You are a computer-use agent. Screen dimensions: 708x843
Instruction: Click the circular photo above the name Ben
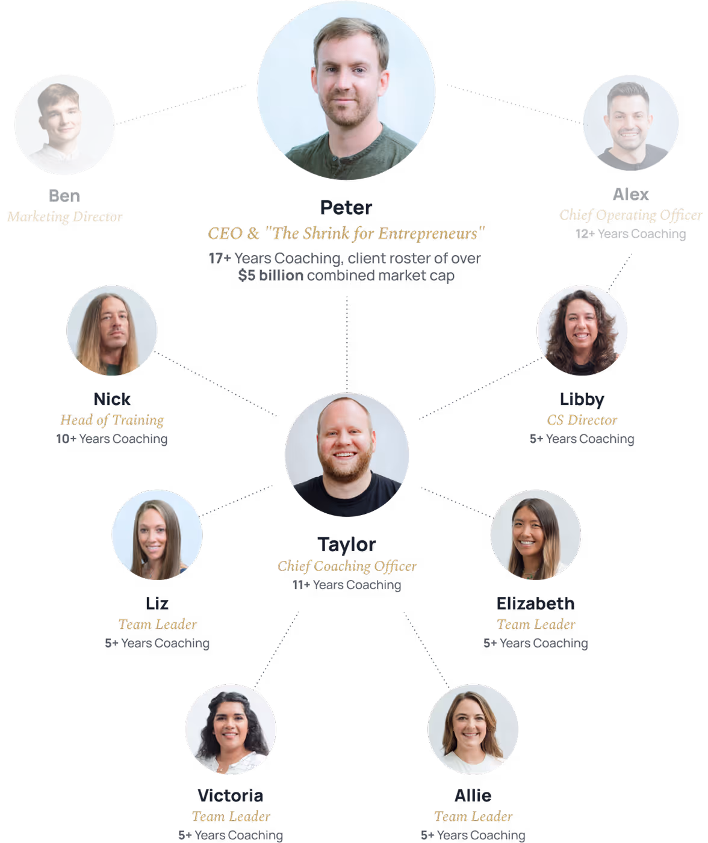[64, 125]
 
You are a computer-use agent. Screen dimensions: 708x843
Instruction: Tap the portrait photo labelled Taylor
[347, 455]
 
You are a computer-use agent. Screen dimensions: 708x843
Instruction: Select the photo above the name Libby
[582, 330]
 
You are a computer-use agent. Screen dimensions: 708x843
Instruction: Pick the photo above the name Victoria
[231, 729]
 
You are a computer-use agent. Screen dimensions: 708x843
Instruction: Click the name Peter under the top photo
[346, 208]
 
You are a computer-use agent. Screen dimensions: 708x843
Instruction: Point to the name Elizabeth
[535, 604]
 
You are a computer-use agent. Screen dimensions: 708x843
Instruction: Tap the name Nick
[112, 400]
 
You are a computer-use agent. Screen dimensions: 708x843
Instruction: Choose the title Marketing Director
[64, 217]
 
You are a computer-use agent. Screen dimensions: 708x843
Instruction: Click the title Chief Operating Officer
[630, 215]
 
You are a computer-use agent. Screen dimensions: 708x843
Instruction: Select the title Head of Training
[112, 420]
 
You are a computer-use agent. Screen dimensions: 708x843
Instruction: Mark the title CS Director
[582, 420]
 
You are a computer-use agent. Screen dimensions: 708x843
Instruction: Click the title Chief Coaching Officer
[347, 566]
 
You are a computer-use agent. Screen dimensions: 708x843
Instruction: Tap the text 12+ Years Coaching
[630, 234]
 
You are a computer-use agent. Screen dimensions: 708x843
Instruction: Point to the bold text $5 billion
[270, 276]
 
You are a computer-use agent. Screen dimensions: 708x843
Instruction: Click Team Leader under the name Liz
[157, 625]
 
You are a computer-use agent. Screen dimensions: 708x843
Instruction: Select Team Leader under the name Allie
[473, 817]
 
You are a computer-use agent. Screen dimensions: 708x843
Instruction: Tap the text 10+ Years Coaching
[112, 439]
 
